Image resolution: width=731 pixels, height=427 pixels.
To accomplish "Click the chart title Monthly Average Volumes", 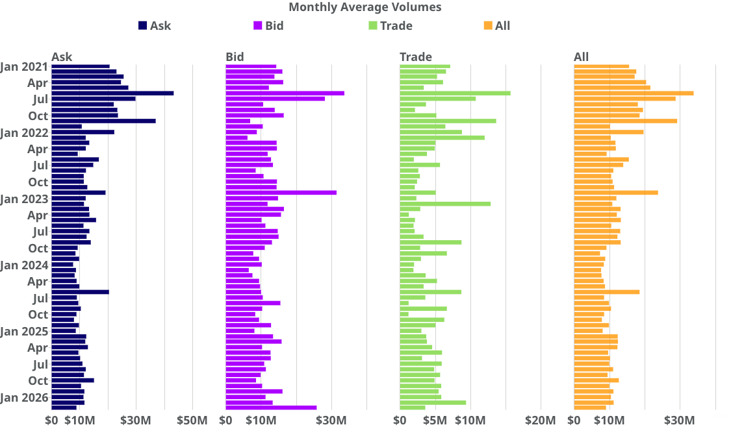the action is click(365, 7).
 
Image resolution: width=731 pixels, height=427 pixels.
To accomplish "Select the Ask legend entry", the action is click(155, 25).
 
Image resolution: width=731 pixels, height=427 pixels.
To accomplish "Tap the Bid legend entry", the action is click(268, 25).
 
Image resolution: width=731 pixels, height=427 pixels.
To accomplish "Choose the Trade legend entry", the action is click(391, 25).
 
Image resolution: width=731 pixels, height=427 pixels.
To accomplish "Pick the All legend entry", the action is click(497, 25).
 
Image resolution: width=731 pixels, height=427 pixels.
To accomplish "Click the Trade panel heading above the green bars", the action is click(416, 57).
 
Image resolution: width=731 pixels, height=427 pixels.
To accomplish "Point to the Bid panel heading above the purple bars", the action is click(235, 57).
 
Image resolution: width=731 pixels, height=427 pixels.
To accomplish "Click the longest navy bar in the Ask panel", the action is click(112, 93).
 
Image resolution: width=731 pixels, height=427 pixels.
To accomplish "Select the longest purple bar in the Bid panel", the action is click(285, 93).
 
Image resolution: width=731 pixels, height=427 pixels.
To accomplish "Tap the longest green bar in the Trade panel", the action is click(455, 93).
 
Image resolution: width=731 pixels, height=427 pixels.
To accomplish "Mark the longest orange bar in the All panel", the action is click(634, 93).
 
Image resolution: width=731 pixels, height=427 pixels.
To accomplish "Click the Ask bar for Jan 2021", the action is click(81, 67).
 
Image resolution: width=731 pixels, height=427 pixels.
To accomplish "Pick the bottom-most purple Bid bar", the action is click(271, 408).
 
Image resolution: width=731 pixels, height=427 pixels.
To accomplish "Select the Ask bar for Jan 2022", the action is click(83, 132).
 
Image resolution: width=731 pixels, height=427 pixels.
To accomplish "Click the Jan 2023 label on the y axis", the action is click(24, 199).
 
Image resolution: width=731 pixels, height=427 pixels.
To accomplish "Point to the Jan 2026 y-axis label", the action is click(24, 398).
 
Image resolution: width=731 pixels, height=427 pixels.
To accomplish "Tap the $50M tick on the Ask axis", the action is click(192, 421).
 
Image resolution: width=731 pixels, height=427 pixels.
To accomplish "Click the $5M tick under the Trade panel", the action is click(435, 421).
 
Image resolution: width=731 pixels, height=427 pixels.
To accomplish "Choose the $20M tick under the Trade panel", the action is click(541, 421).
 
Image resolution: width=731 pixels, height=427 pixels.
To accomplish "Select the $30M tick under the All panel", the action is click(680, 421).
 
